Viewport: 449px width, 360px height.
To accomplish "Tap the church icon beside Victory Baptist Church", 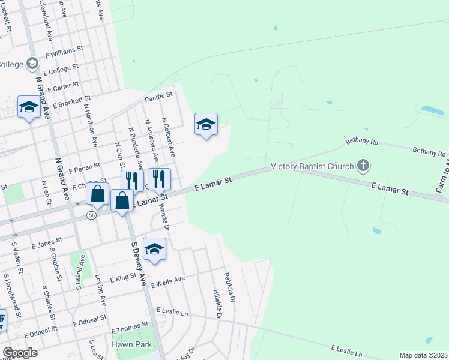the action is point(363,164).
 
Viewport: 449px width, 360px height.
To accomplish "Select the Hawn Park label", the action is point(131,345).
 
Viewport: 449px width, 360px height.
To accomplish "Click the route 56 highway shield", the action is point(91,215).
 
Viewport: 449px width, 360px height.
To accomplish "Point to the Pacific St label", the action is point(158,96).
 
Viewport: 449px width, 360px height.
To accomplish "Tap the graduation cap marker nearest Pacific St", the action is point(206,124).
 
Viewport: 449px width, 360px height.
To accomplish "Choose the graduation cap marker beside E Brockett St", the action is point(28,107).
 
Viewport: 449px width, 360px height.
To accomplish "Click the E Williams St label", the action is point(66,55).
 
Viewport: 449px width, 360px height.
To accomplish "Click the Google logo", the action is point(20,353).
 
